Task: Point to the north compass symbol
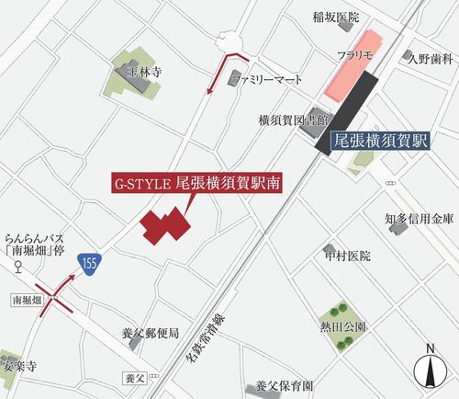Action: coord(429,368)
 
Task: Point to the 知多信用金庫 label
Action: coord(419,218)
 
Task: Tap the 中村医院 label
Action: coord(347,255)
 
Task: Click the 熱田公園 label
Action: coord(344,326)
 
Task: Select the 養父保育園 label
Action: coord(285,386)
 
